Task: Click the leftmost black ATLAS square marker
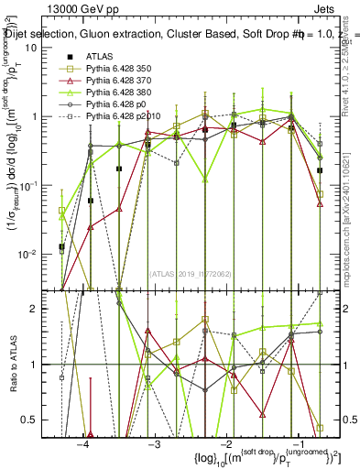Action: coord(61,246)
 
